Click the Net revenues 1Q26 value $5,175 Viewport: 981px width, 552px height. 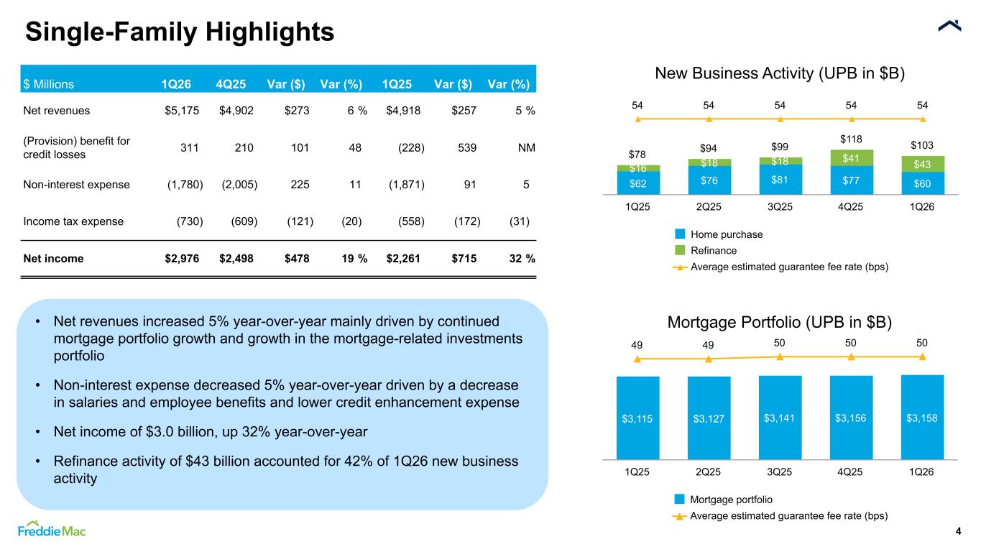182,111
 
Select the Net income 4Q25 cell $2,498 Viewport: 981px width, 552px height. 236,259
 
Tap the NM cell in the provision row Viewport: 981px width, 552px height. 526,147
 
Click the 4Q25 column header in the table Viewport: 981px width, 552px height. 231,84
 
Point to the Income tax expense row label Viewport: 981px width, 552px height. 73,221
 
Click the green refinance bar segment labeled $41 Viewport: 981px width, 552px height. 852,157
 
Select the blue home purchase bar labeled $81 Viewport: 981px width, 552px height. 780,179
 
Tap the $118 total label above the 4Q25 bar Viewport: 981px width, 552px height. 851,139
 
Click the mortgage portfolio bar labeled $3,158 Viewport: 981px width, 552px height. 922,417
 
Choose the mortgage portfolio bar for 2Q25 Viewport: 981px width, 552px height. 709,418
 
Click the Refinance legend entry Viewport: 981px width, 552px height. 706,250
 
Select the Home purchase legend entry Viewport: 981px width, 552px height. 719,234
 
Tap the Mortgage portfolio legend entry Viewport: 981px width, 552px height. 724,500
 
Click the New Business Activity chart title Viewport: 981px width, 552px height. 780,73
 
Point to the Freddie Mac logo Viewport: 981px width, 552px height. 52,529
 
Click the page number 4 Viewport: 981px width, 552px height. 958,531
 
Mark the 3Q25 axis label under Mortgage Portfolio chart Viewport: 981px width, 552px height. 780,471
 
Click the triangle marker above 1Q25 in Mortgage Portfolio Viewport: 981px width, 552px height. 637,359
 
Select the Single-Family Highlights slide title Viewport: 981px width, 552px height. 180,32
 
